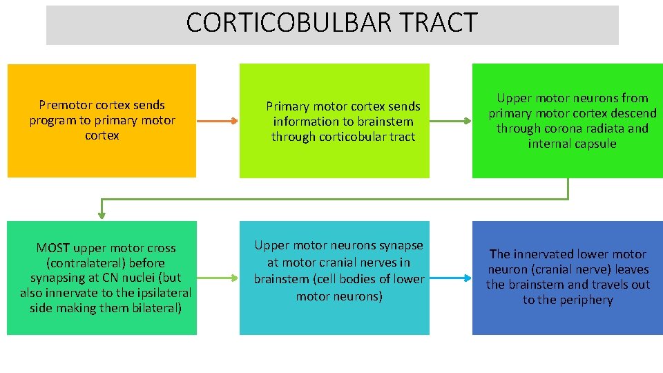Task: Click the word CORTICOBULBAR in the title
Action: click(287, 23)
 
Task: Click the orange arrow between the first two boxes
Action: click(218, 121)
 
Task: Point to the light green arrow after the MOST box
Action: click(218, 278)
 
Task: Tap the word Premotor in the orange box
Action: click(63, 105)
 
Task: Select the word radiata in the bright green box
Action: click(601, 128)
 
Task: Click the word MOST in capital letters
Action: click(52, 248)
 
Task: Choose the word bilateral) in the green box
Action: click(155, 308)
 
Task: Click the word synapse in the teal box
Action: click(401, 245)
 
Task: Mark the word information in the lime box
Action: click(305, 122)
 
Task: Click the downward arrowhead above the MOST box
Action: click(102, 215)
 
